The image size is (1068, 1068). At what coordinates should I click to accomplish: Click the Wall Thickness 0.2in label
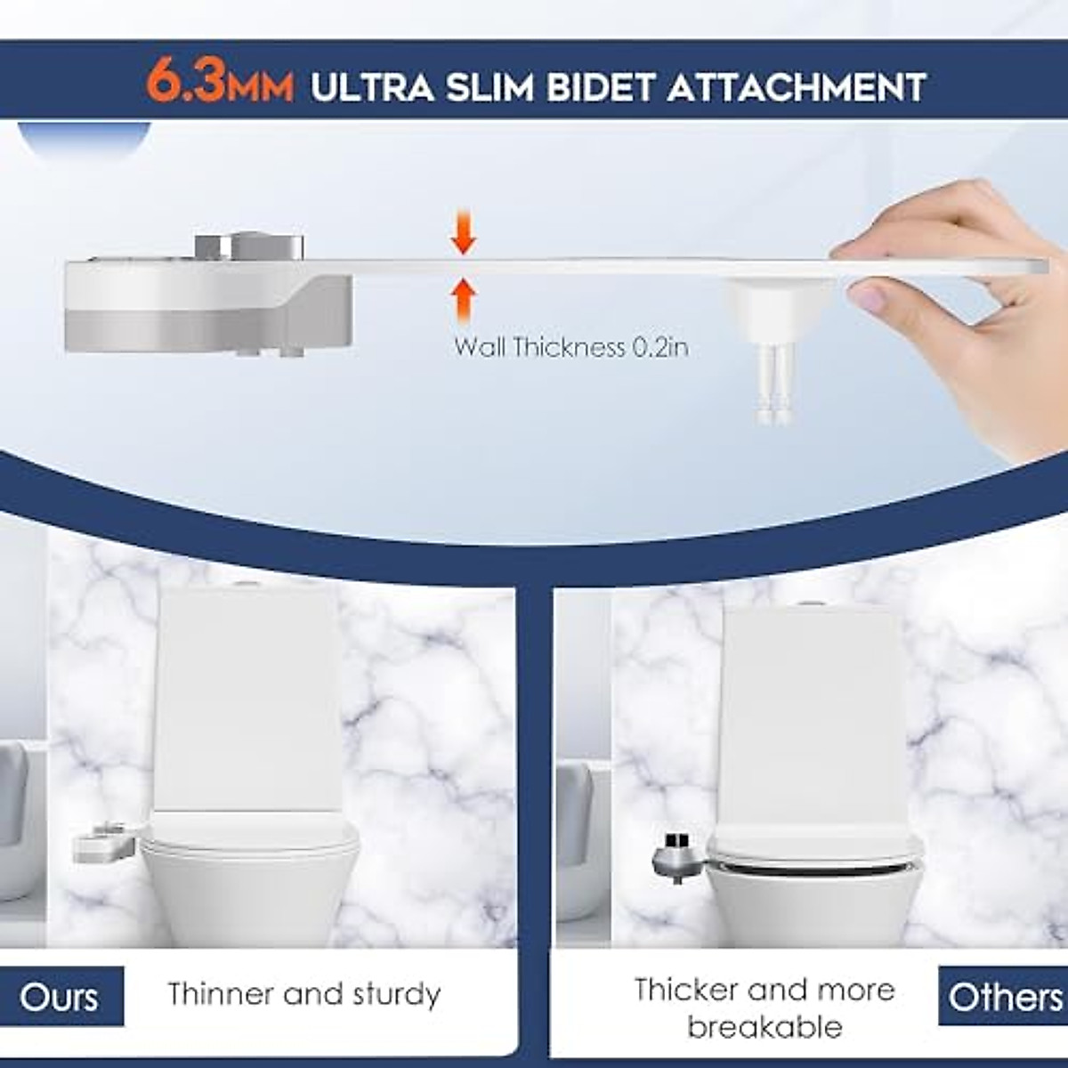570,346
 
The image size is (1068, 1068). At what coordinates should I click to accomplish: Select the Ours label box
60,996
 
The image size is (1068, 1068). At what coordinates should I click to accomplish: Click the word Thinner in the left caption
222,994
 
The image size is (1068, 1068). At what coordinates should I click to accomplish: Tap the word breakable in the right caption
764,1027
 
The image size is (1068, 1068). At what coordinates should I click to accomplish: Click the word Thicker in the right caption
686,989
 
